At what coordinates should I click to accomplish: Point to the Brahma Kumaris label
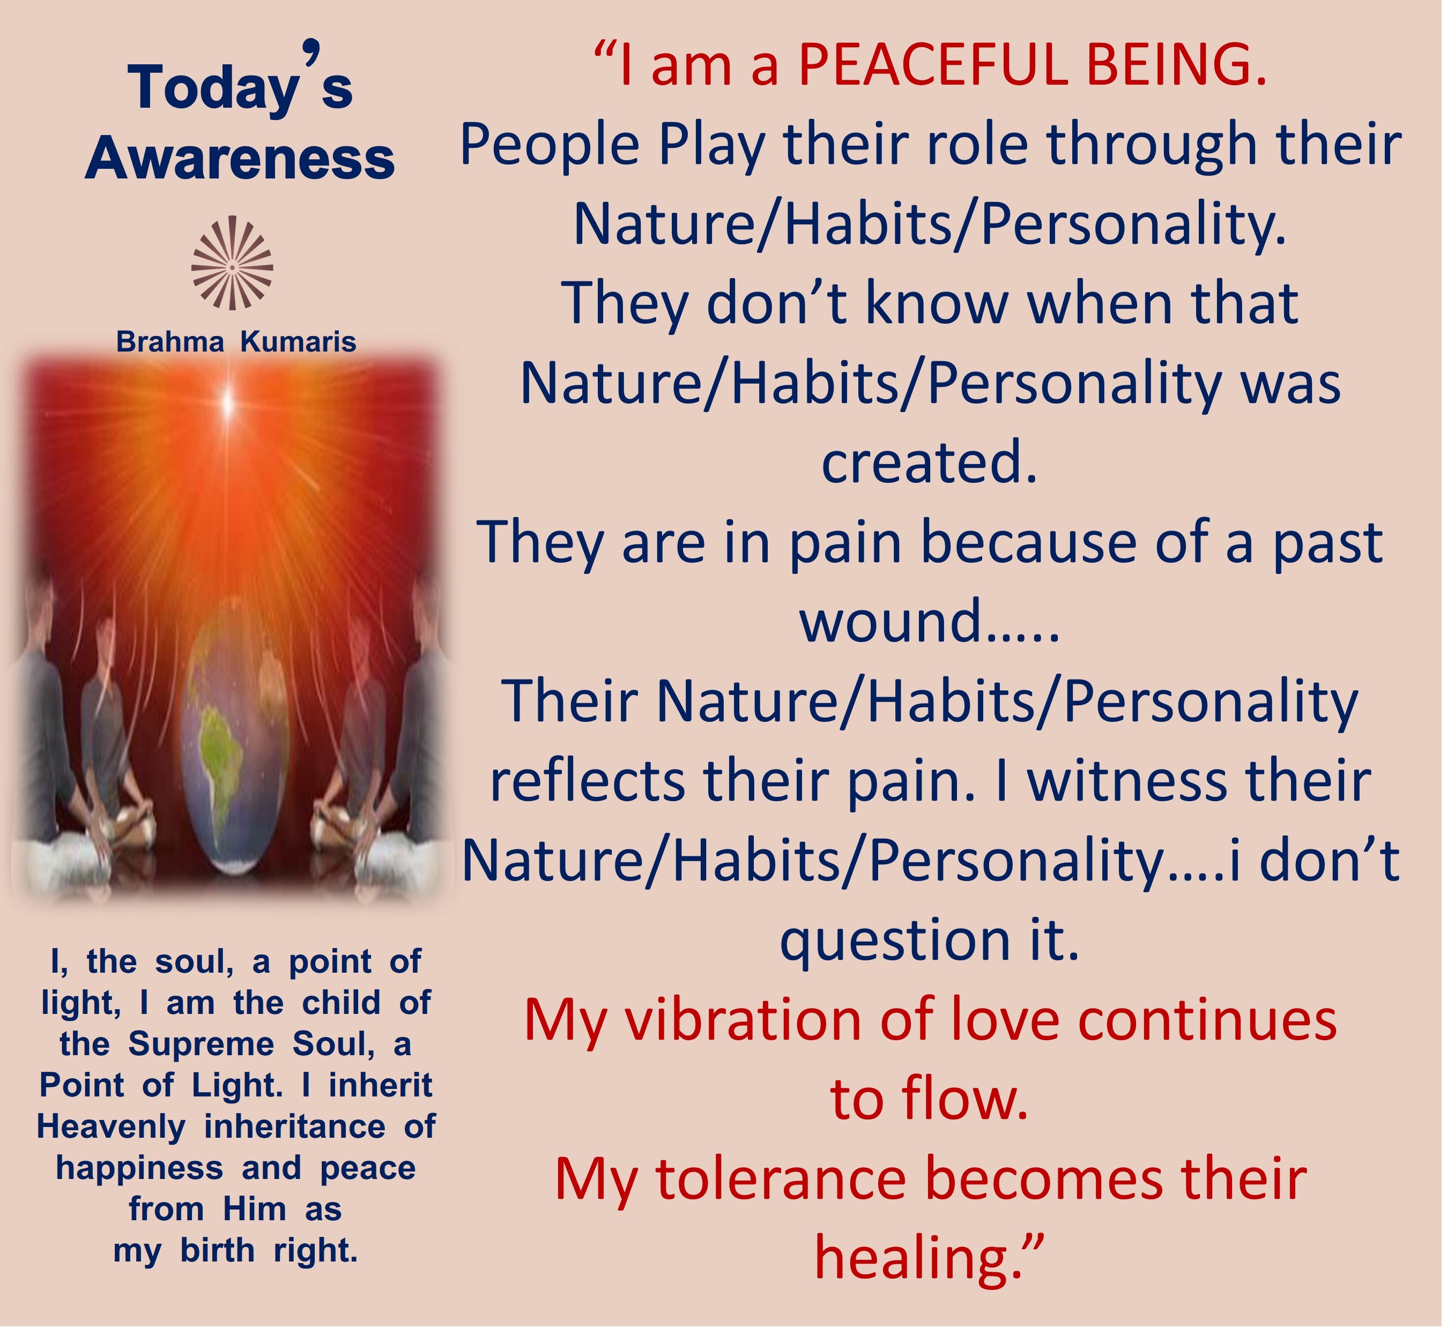tap(236, 342)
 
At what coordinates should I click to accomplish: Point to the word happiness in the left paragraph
tap(139, 1169)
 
